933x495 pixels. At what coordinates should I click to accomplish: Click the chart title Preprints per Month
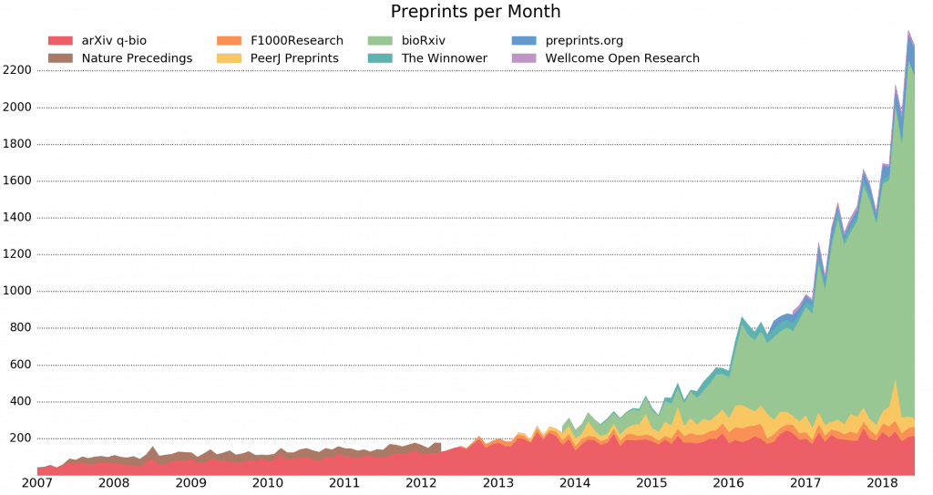point(476,12)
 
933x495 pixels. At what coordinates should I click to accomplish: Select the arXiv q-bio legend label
point(114,40)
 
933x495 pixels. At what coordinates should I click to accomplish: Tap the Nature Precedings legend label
point(137,58)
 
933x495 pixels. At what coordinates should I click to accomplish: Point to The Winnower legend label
point(444,58)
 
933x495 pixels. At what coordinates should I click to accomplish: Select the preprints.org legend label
point(584,40)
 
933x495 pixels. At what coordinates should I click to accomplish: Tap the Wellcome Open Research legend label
point(622,58)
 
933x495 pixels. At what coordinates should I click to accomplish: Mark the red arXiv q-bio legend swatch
point(60,40)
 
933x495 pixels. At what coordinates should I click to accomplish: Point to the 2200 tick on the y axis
point(17,70)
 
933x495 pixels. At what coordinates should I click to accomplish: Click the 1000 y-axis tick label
point(17,291)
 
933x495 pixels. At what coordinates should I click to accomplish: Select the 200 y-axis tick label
point(20,438)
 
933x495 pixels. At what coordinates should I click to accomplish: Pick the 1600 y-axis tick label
point(17,180)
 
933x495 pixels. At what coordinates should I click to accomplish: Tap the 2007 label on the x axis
point(37,482)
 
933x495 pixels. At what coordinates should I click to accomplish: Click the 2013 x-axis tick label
point(497,482)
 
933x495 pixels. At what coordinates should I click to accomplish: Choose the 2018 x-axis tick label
point(881,482)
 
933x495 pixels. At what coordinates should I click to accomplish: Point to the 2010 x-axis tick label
point(267,482)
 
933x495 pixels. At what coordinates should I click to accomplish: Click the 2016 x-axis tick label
point(728,482)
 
